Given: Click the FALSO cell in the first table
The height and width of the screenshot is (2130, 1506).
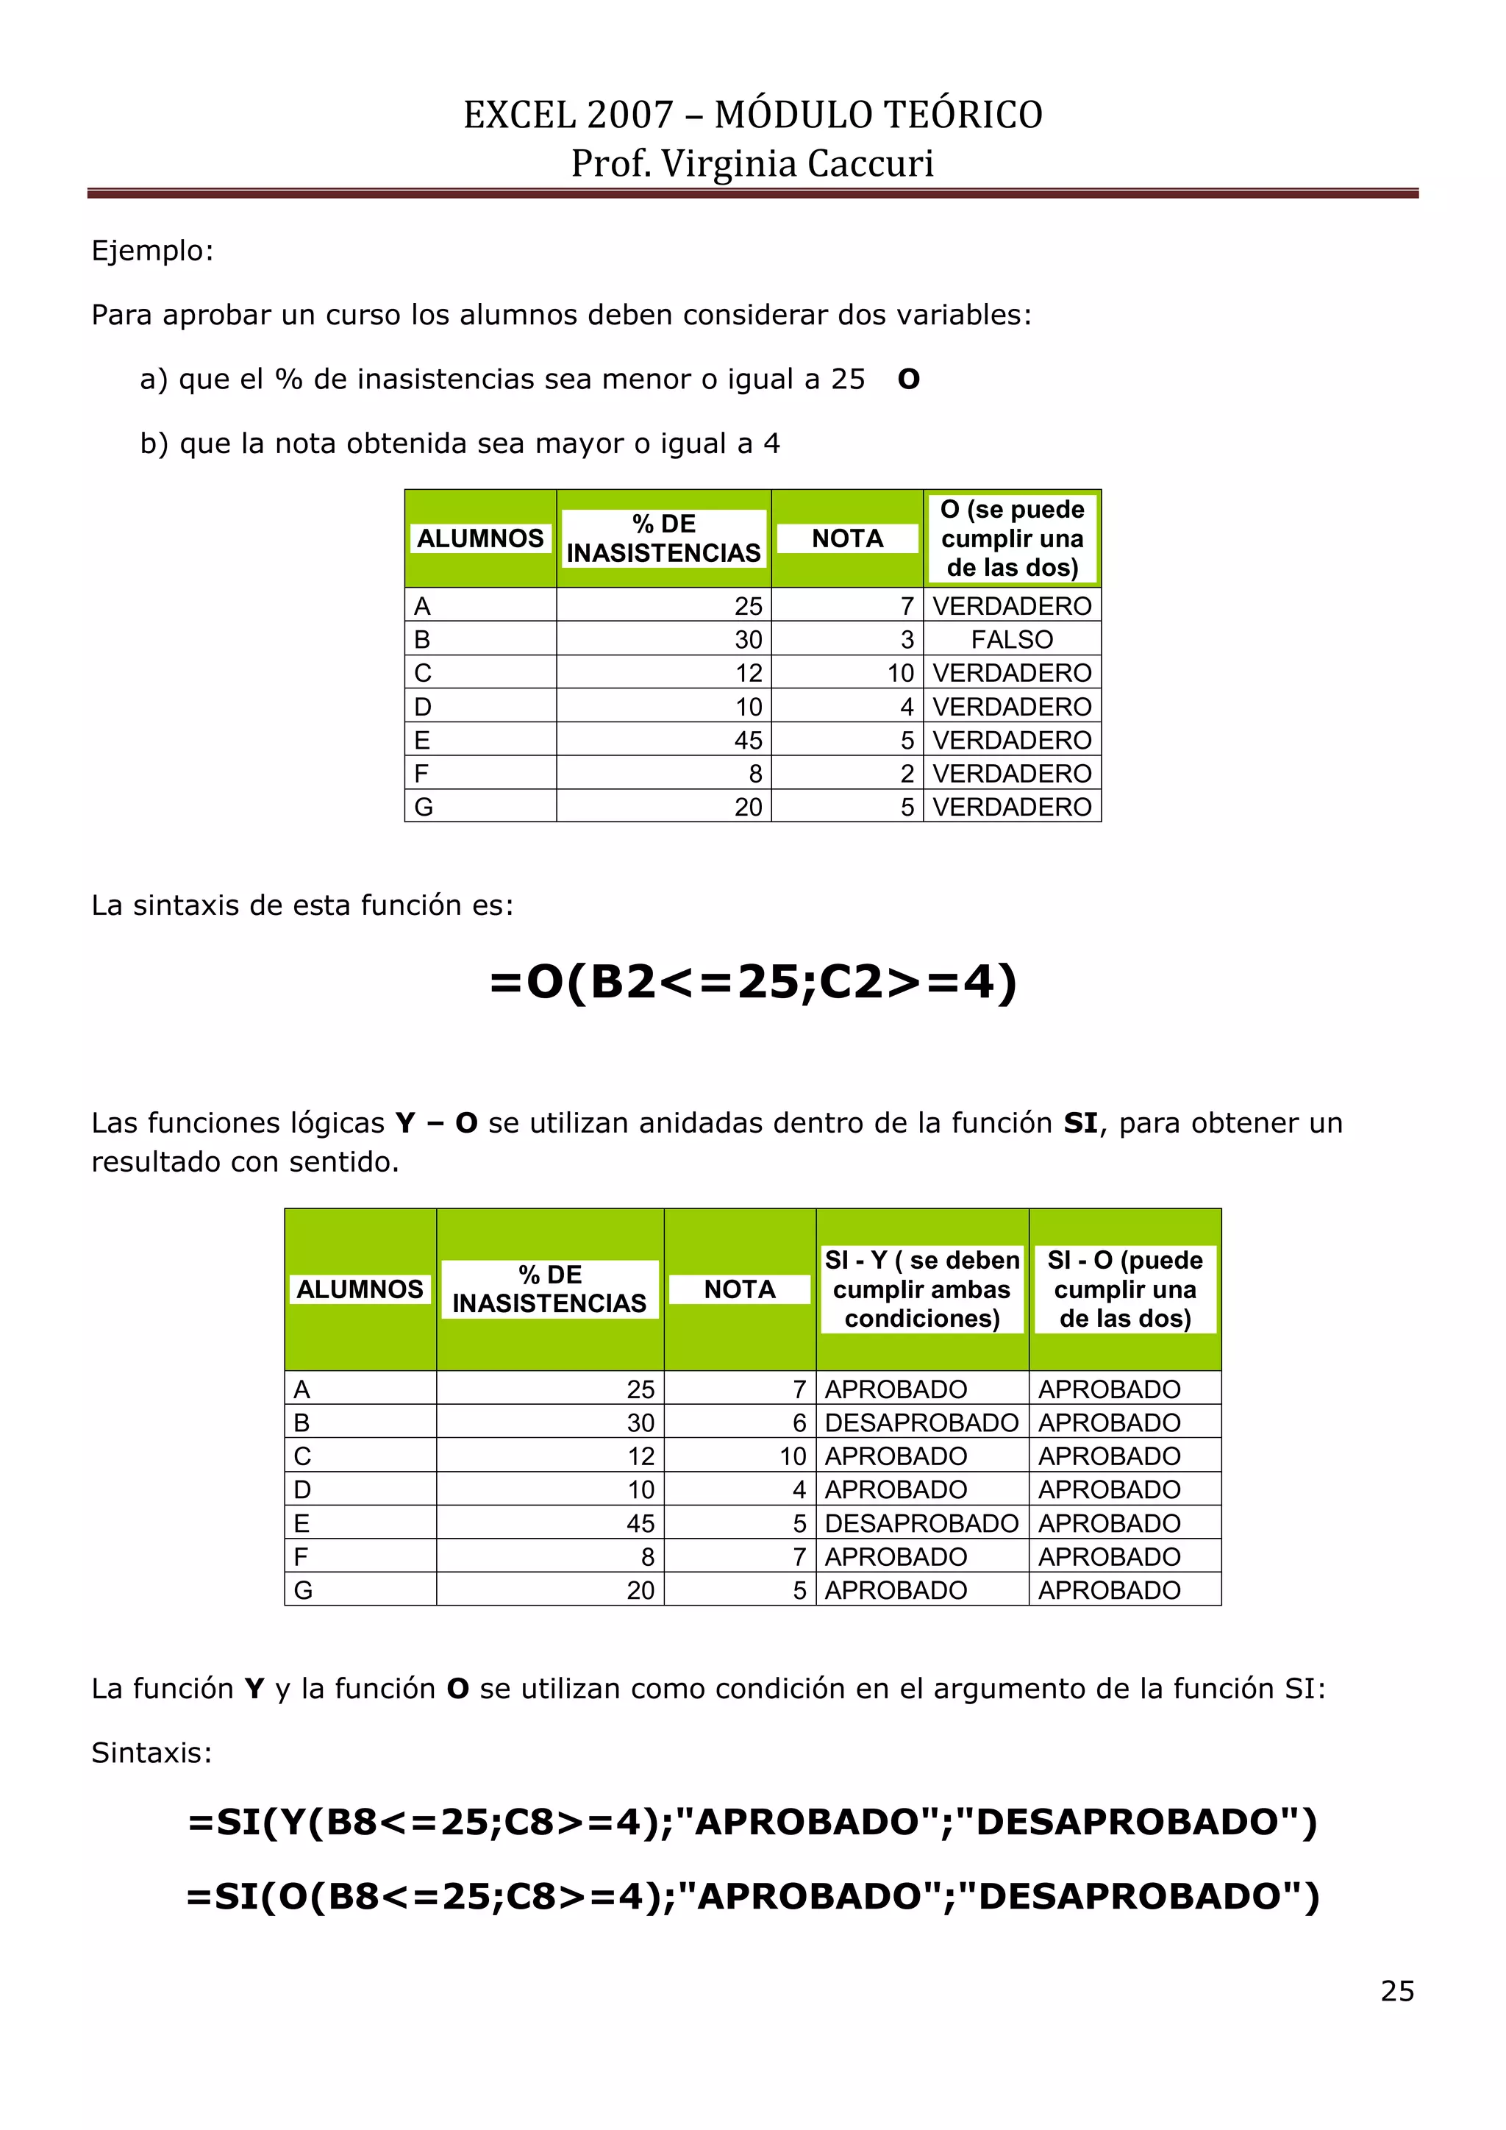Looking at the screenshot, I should [1012, 639].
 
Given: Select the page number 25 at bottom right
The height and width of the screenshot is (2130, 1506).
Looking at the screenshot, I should [1396, 1992].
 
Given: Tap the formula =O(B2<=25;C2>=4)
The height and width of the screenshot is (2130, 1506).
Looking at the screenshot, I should [753, 980].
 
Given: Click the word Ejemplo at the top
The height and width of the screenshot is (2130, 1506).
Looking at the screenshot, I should [152, 251].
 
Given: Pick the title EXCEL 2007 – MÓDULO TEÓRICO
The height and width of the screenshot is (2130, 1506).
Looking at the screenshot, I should [753, 114].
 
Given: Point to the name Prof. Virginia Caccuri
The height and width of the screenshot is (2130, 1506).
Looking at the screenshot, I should [753, 163].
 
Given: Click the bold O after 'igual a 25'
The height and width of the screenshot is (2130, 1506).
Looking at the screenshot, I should [909, 380].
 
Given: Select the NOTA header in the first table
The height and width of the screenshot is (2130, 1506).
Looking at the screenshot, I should [846, 538].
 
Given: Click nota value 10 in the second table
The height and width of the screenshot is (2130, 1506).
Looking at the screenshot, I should [793, 1456].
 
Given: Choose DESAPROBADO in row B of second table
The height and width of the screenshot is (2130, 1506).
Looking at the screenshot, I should [922, 1423].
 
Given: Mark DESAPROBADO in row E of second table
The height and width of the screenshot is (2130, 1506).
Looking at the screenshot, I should [922, 1523].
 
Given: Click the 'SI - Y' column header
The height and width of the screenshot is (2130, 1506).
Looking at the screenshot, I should [922, 1289].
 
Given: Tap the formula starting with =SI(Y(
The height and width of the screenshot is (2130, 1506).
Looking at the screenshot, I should [753, 1822].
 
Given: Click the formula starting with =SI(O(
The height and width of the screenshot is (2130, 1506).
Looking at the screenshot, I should [753, 1896].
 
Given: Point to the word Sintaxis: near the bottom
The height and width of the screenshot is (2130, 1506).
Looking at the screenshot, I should [152, 1753].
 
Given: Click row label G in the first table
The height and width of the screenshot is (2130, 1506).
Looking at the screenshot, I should [424, 807].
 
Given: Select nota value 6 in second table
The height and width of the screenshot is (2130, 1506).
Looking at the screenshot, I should [799, 1423].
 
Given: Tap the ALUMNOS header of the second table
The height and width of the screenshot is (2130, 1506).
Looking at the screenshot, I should [360, 1289].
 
